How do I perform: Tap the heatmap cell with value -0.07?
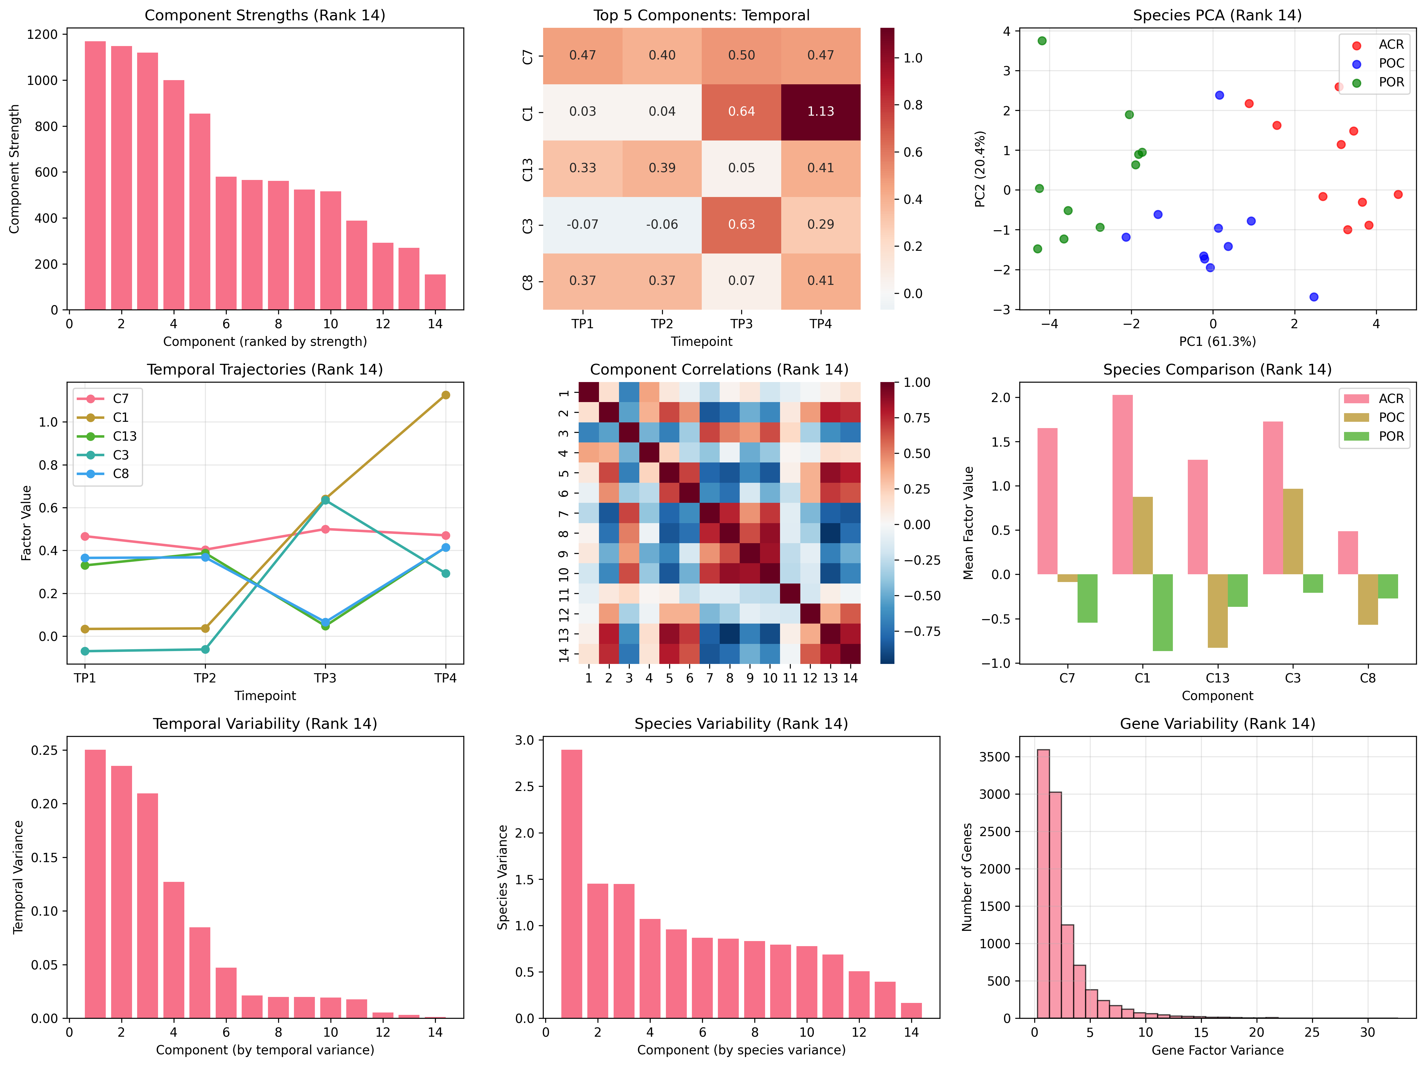(x=582, y=224)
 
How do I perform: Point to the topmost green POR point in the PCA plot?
(x=1042, y=41)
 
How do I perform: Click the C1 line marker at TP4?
(x=445, y=395)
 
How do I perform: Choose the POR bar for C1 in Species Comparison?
(x=1162, y=612)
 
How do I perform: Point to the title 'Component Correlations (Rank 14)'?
(x=719, y=369)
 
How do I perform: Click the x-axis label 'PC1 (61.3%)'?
(x=1217, y=342)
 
